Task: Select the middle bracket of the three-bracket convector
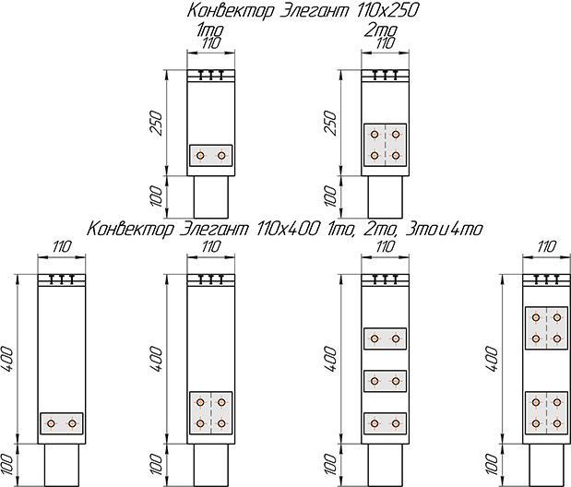pyautogui.click(x=385, y=380)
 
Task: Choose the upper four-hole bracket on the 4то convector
pyautogui.click(x=545, y=327)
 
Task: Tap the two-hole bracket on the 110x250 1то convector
pyautogui.click(x=210, y=156)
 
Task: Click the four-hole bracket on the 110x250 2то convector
pyautogui.click(x=385, y=145)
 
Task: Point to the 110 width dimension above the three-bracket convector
pyautogui.click(x=385, y=246)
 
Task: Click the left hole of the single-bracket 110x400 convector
pyautogui.click(x=53, y=423)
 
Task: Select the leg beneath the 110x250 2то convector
pyautogui.click(x=385, y=196)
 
